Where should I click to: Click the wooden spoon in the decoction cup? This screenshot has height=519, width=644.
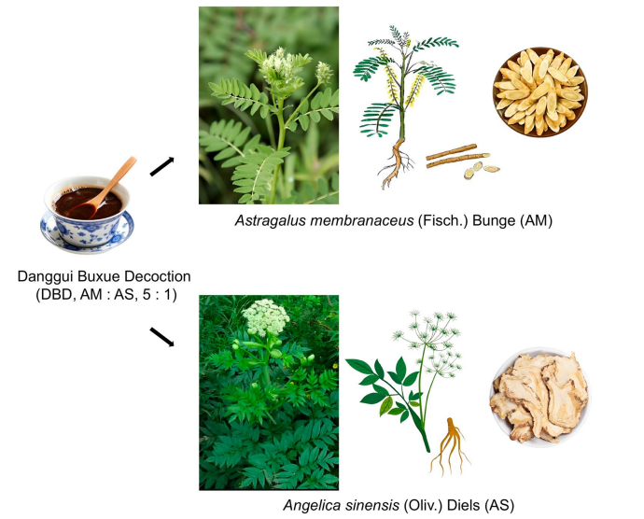click(x=105, y=189)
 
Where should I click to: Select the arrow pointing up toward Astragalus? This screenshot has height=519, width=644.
click(x=161, y=166)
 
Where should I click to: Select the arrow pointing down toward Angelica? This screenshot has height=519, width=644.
click(x=161, y=337)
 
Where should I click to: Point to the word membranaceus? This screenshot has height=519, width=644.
click(x=362, y=220)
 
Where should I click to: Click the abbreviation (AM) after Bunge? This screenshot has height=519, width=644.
click(x=536, y=220)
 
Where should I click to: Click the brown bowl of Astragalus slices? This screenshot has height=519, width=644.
click(x=540, y=92)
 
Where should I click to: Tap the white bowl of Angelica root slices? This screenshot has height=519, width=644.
click(x=540, y=397)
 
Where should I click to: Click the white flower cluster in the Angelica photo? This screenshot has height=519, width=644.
click(x=265, y=316)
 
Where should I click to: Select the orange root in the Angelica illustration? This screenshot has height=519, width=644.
click(x=450, y=446)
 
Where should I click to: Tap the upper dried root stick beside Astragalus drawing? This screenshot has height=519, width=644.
click(x=451, y=151)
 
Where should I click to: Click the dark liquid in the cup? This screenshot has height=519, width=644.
click(x=89, y=203)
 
